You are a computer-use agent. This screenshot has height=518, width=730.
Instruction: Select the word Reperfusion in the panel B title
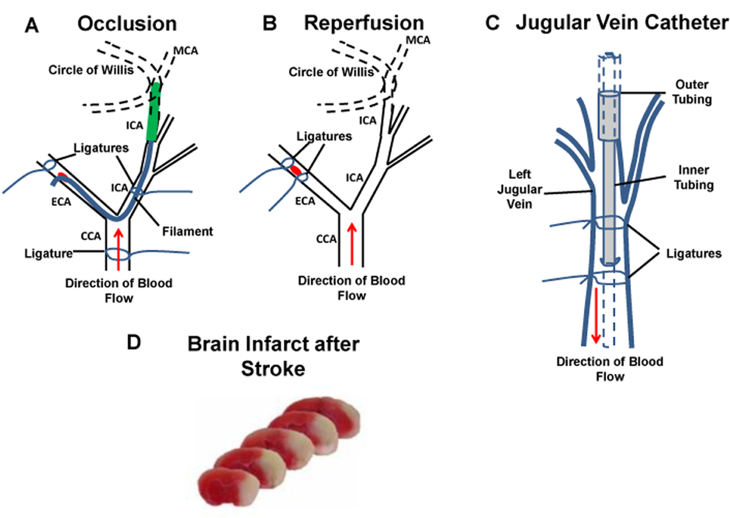[x=364, y=23]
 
